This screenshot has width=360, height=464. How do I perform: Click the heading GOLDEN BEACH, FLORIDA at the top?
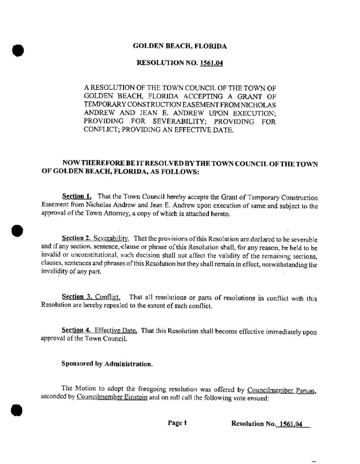pyautogui.click(x=180, y=46)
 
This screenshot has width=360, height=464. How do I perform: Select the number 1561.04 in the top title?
pyautogui.click(x=211, y=64)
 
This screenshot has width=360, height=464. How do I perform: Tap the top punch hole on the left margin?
pyautogui.click(x=18, y=49)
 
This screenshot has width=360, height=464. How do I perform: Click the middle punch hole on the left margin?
pyautogui.click(x=18, y=230)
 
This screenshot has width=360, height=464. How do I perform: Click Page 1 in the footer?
pyautogui.click(x=177, y=423)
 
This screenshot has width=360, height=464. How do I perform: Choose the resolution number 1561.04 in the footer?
pyautogui.click(x=290, y=424)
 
